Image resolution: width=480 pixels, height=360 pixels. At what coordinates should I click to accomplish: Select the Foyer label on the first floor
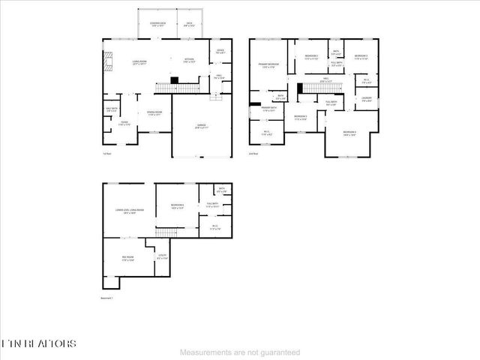click(x=124, y=123)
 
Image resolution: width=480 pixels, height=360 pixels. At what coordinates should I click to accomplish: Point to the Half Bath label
click(x=111, y=111)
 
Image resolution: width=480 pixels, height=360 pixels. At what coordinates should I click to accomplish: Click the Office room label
click(x=220, y=52)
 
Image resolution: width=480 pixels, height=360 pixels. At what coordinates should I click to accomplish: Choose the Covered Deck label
click(x=156, y=25)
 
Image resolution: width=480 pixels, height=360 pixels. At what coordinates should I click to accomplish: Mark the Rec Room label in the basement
click(x=127, y=259)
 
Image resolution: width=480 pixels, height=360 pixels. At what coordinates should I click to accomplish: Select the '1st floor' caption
click(x=107, y=153)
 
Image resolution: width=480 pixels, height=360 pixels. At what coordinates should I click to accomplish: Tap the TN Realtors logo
click(x=39, y=343)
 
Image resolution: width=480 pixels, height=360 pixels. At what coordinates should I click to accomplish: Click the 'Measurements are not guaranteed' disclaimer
click(x=240, y=352)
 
